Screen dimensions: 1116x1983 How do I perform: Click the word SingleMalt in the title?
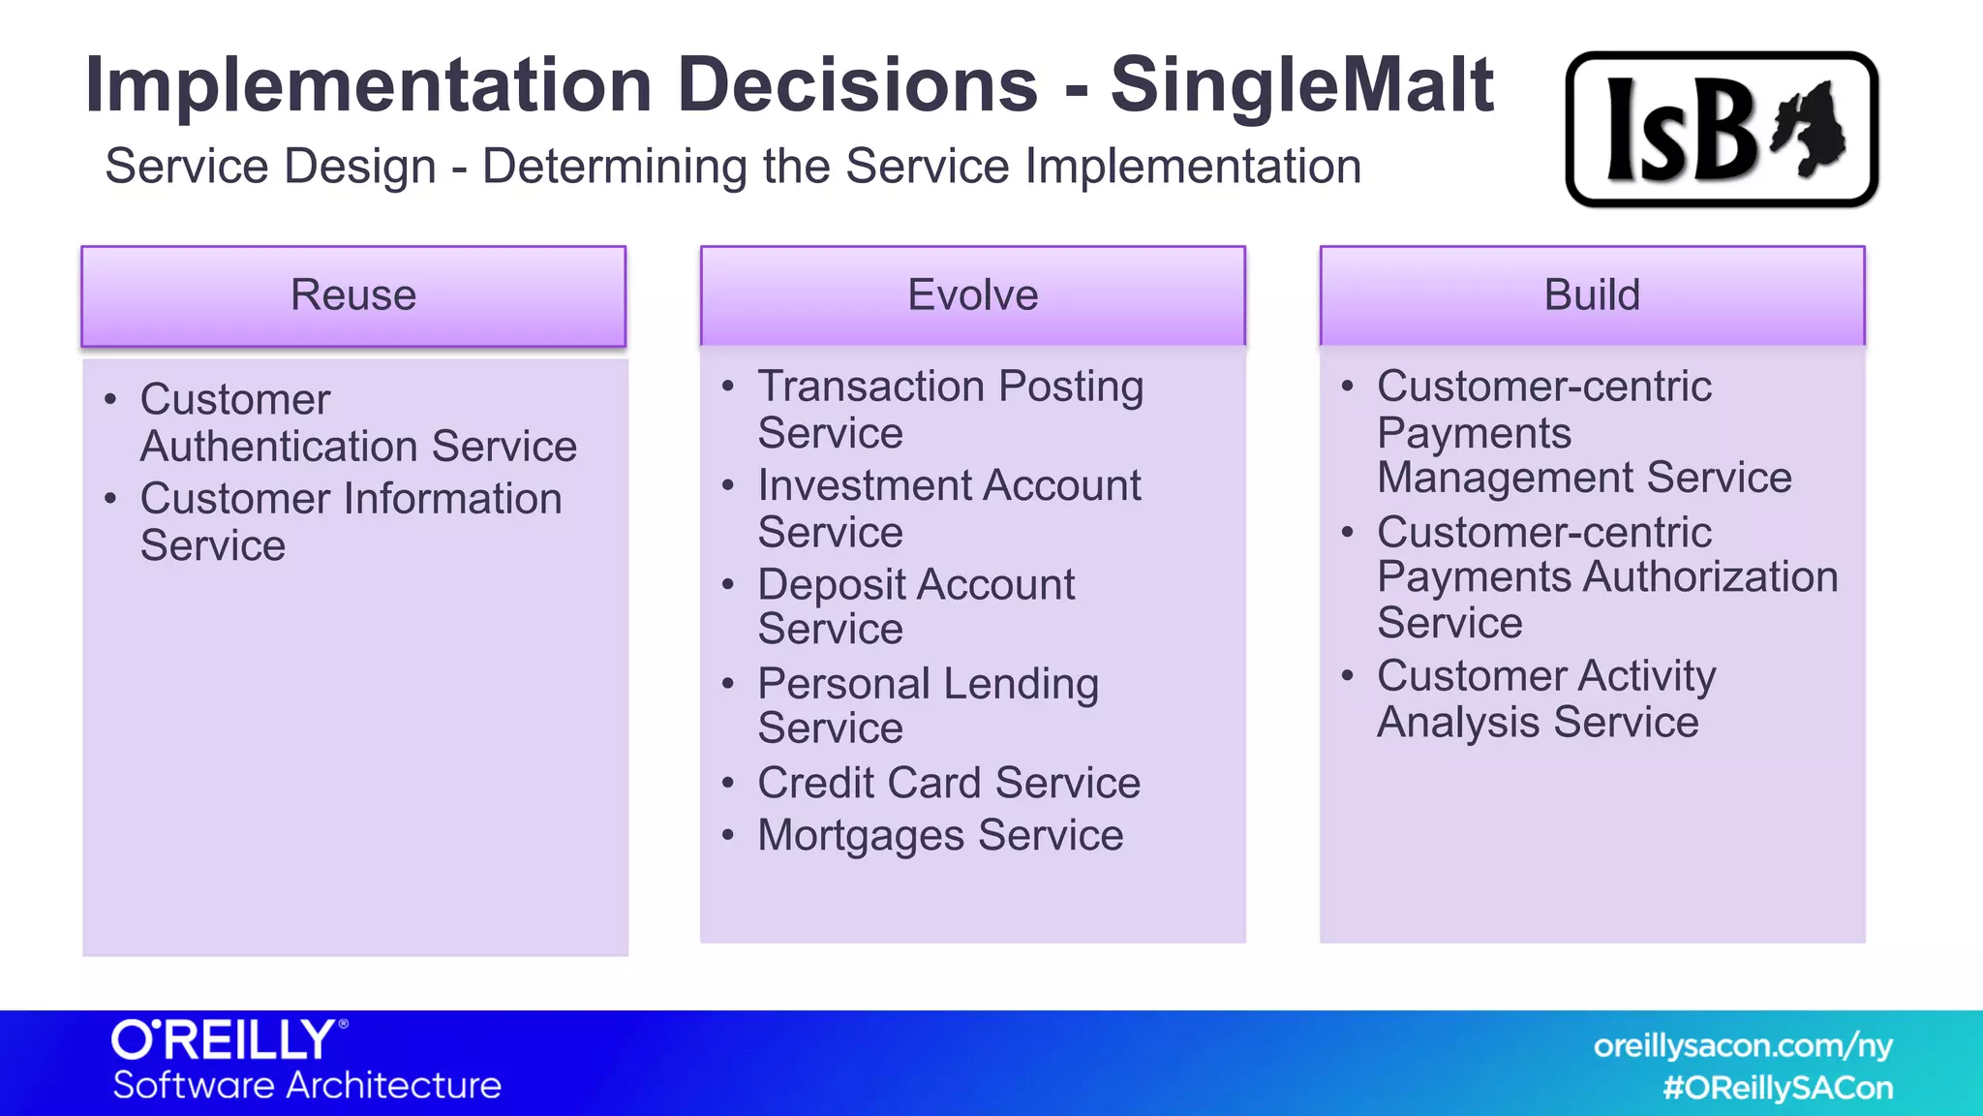pyautogui.click(x=1301, y=85)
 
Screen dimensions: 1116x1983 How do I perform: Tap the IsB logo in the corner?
pyautogui.click(x=1722, y=129)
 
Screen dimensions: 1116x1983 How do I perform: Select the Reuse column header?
pyautogui.click(x=353, y=295)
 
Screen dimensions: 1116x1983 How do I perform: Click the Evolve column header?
pyautogui.click(x=972, y=295)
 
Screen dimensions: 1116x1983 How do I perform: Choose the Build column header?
pyautogui.click(x=1592, y=295)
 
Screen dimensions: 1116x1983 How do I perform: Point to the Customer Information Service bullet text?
pyautogui.click(x=351, y=521)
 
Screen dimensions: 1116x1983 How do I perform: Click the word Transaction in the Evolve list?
pyautogui.click(x=871, y=387)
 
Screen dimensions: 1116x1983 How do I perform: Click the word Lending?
pyautogui.click(x=1021, y=684)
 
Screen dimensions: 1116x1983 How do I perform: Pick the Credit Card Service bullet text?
pyautogui.click(x=948, y=783)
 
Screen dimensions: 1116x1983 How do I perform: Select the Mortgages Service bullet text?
pyautogui.click(x=939, y=835)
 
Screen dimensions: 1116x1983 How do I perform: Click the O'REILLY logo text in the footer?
pyautogui.click(x=225, y=1040)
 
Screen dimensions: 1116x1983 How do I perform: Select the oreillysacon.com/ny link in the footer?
pyautogui.click(x=1742, y=1045)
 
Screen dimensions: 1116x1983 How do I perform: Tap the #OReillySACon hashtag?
pyautogui.click(x=1777, y=1088)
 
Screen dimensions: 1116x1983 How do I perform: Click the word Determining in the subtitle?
pyautogui.click(x=614, y=167)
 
